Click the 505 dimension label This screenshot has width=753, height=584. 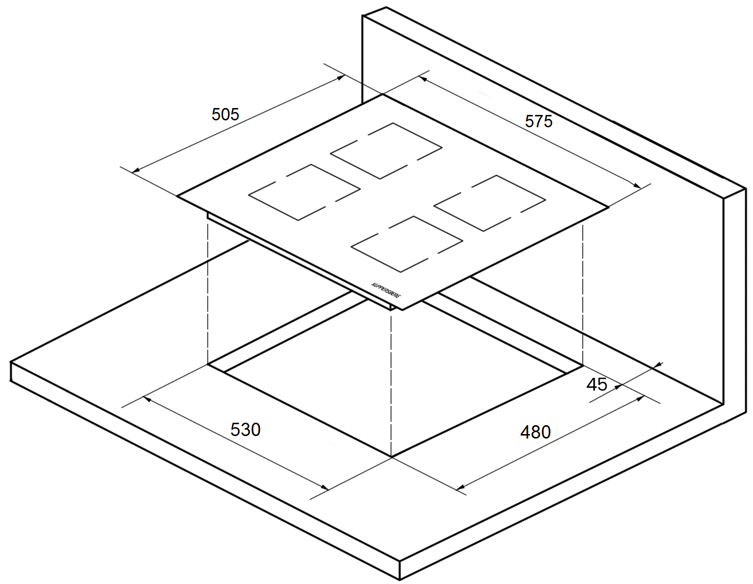tap(225, 114)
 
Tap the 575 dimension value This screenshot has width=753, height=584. tap(539, 121)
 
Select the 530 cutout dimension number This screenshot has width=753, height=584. tap(245, 430)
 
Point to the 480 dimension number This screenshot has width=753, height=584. tap(535, 432)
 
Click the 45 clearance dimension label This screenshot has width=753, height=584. tap(597, 384)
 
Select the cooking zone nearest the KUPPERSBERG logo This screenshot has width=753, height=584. tap(407, 244)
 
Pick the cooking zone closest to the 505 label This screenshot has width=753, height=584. tap(304, 192)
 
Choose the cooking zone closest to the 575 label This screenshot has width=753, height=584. tap(489, 203)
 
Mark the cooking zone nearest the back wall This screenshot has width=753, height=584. tap(386, 151)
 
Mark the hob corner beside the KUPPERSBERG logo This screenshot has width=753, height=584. tap(403, 310)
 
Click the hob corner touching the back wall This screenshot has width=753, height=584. tap(382, 95)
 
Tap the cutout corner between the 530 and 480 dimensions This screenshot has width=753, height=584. tap(391, 457)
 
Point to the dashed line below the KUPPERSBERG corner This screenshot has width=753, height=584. tap(391, 385)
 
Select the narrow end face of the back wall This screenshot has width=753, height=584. tap(734, 306)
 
